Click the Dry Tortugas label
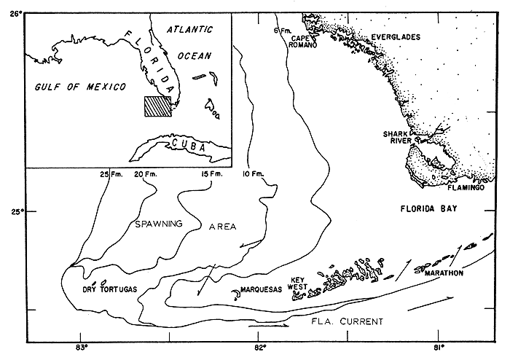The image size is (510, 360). (x=109, y=289)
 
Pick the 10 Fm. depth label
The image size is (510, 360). (x=251, y=173)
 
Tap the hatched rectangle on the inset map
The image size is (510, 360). (x=156, y=106)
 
